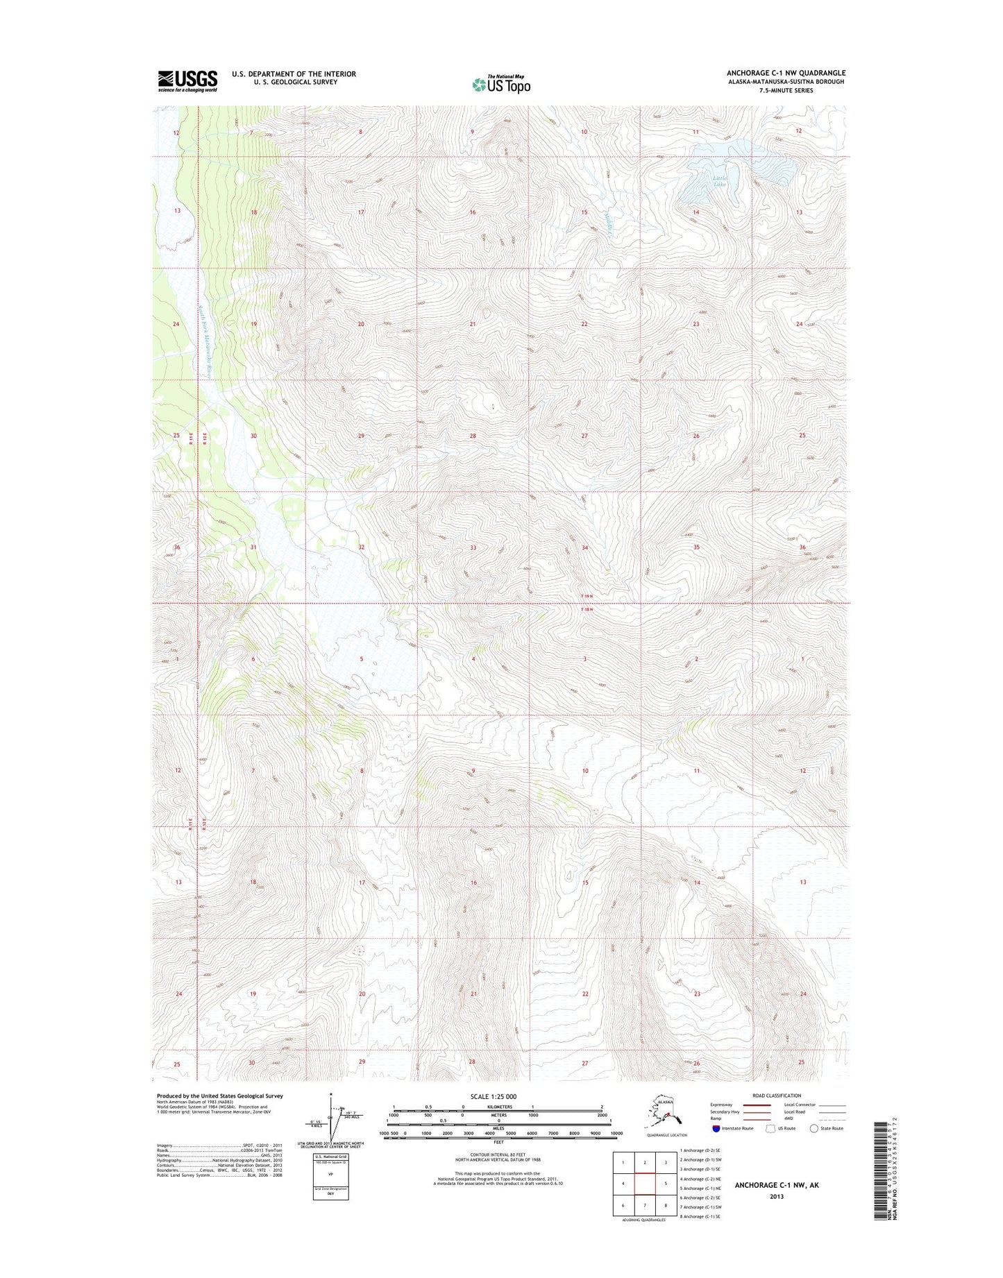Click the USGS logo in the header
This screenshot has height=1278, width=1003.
[x=187, y=80]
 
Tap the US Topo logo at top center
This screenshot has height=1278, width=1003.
[x=501, y=84]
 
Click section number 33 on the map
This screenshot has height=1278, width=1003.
[x=473, y=547]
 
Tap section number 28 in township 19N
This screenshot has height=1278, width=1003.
[x=473, y=436]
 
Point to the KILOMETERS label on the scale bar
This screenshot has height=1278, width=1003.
[x=498, y=1107]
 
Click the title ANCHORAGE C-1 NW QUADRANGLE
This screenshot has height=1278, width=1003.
[x=786, y=73]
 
